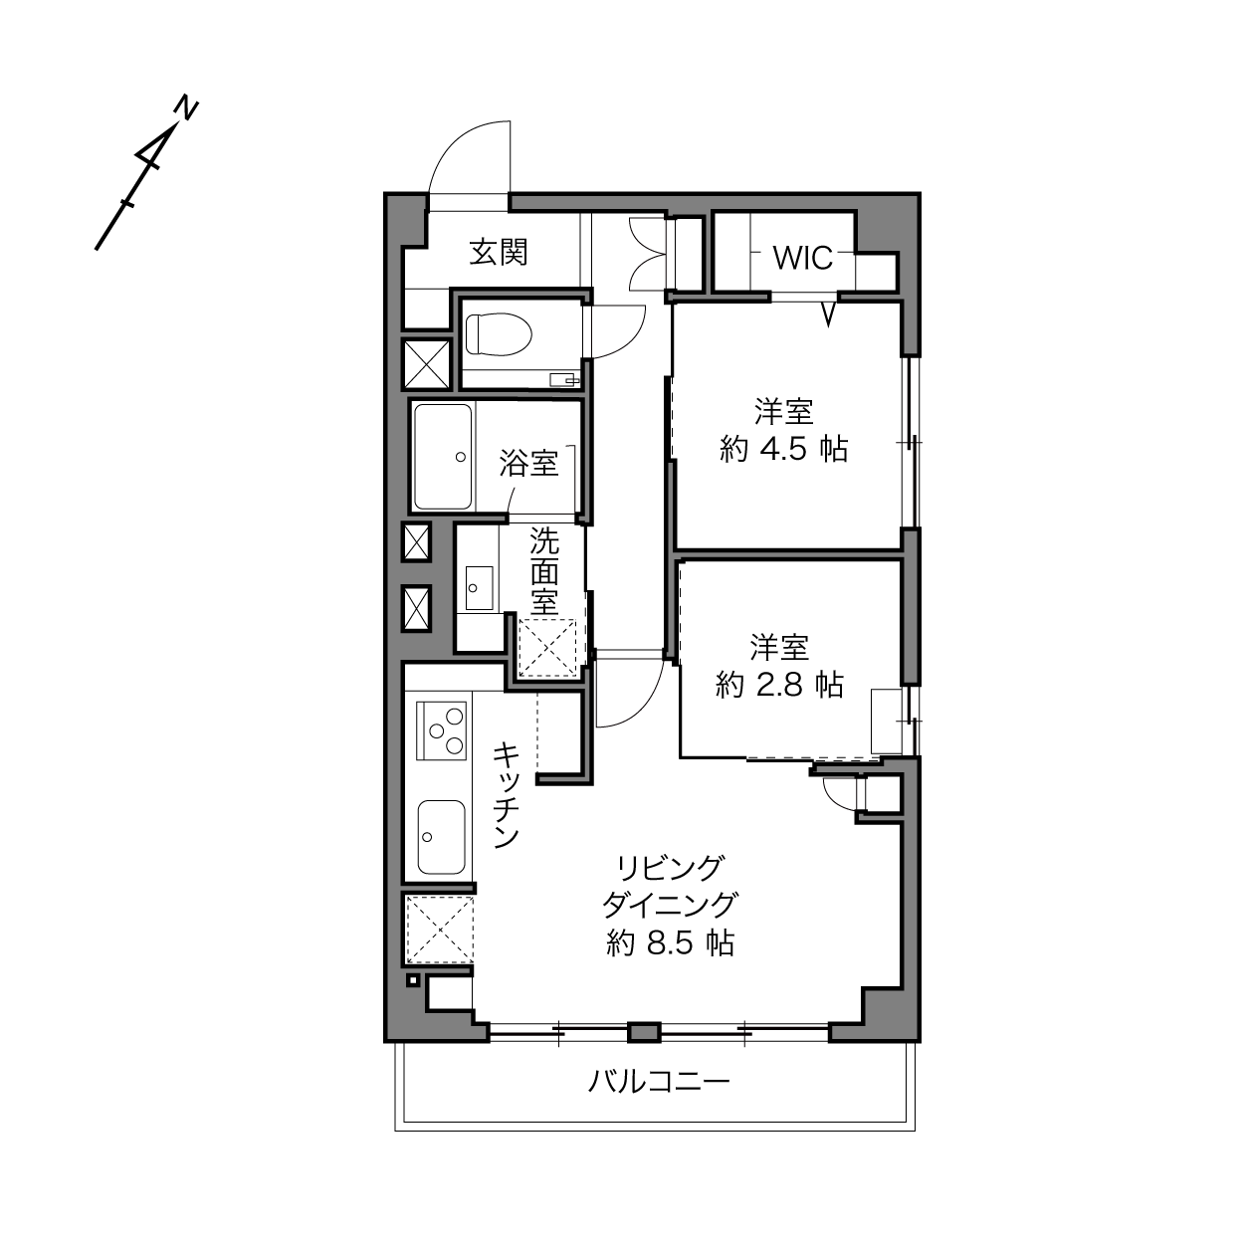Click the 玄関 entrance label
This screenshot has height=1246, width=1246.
pos(499,252)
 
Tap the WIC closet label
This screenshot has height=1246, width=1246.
pos(803,259)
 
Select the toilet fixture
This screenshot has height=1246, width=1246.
pos(498,335)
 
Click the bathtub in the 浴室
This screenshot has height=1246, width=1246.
pos(443,457)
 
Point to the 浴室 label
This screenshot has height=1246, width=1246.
pos(528,464)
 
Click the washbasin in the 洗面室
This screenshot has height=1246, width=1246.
pos(479,588)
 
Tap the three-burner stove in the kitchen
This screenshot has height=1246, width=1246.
pos(442,730)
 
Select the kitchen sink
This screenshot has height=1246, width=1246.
pos(441,837)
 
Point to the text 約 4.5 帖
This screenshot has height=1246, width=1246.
pos(783,449)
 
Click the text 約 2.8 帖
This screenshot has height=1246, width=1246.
pos(780,685)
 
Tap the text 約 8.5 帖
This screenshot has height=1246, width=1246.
pos(671,943)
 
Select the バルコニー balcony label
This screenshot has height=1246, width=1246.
pos(659,1081)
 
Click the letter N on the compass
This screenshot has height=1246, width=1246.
pos(187,108)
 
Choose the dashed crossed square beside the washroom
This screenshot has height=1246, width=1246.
pos(547,648)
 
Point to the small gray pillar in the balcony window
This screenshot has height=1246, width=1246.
pos(645,1032)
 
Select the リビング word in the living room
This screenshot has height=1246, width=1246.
pos(669,869)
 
